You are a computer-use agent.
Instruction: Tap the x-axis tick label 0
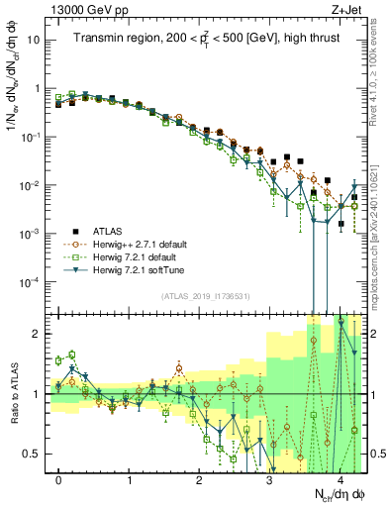(x=59, y=479)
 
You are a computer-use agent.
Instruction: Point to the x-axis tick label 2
(x=200, y=479)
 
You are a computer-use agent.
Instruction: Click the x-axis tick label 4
(x=340, y=479)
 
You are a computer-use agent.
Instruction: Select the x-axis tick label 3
(x=270, y=479)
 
